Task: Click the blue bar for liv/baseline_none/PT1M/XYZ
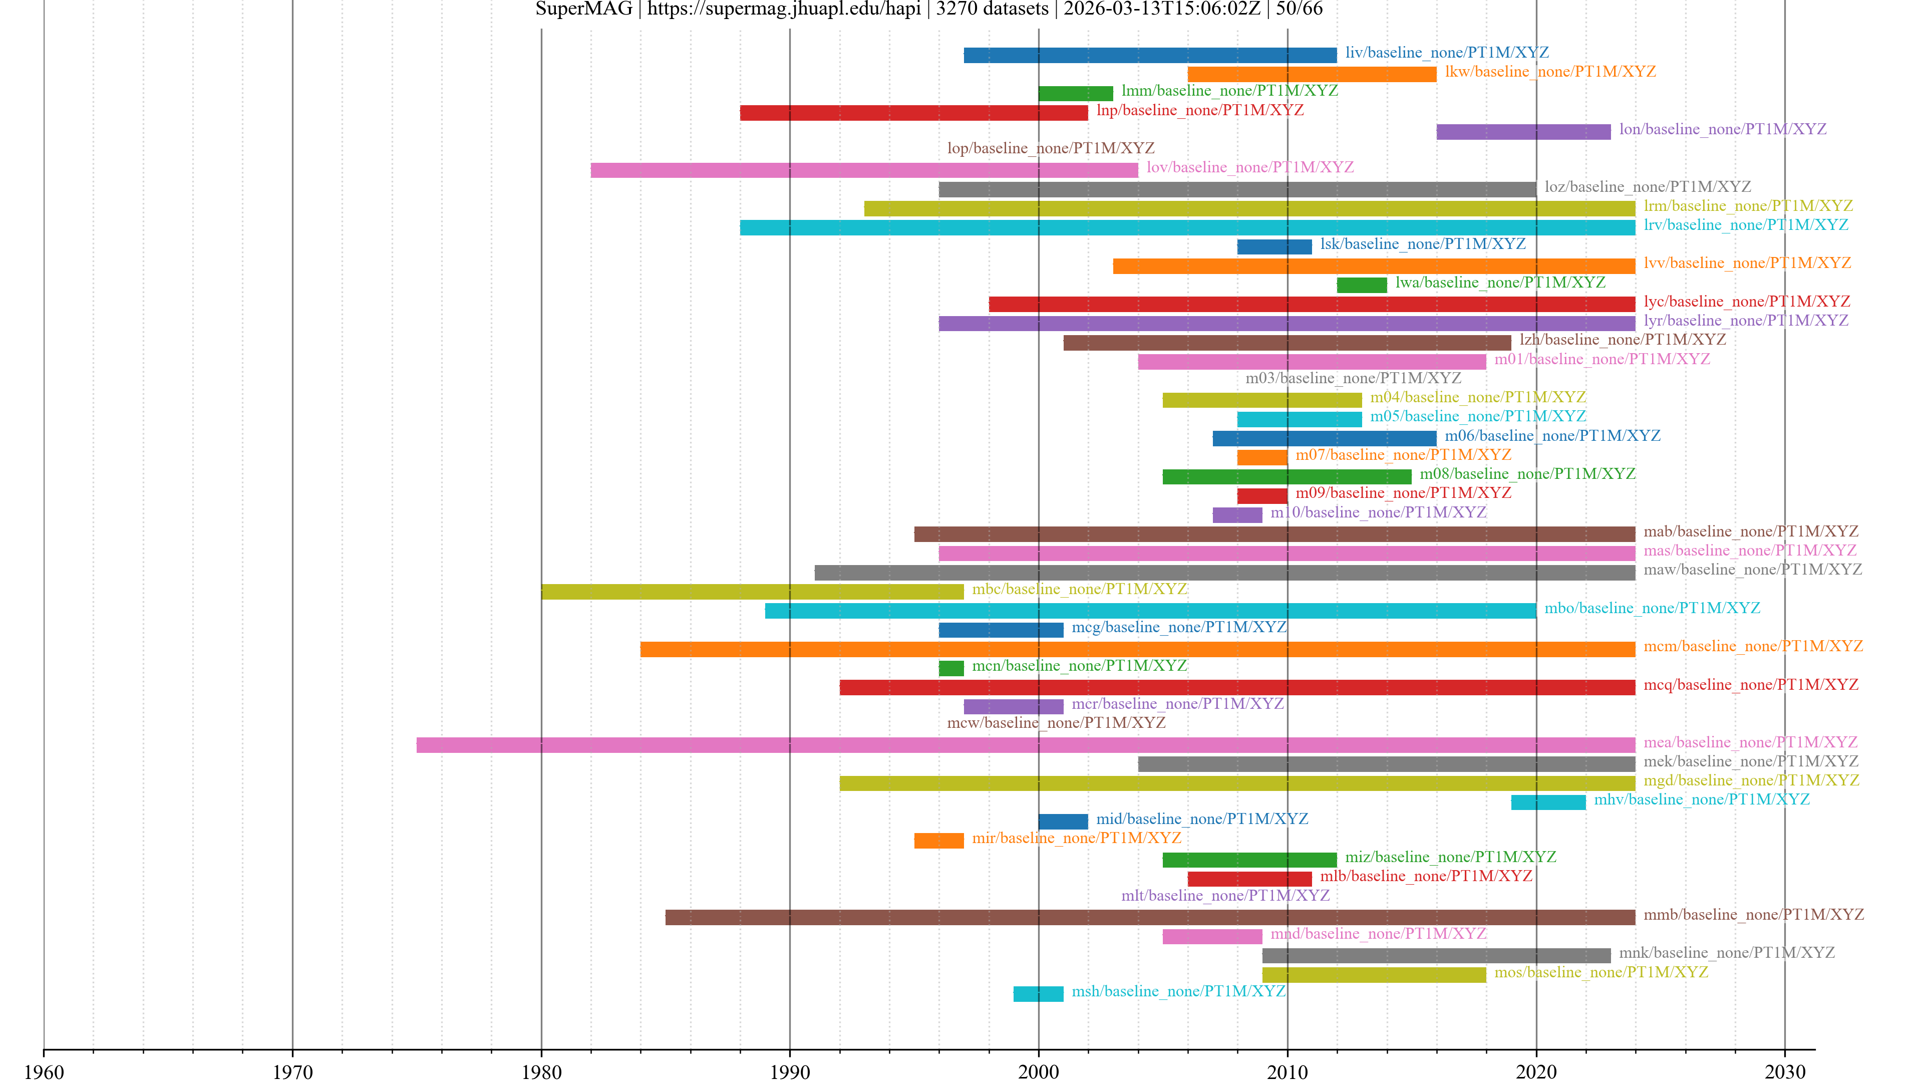pyautogui.click(x=1150, y=55)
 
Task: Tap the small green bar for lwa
pyautogui.click(x=1362, y=285)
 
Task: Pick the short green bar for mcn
pyautogui.click(x=951, y=668)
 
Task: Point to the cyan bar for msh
pyautogui.click(x=1038, y=994)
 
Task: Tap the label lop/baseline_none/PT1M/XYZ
pyautogui.click(x=1050, y=149)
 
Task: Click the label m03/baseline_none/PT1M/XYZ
pyautogui.click(x=1353, y=379)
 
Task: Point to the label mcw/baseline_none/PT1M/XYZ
pyautogui.click(x=1056, y=723)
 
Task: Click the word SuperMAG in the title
pyautogui.click(x=584, y=9)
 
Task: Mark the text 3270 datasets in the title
pyautogui.click(x=992, y=9)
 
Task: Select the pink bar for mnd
pyautogui.click(x=1211, y=936)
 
